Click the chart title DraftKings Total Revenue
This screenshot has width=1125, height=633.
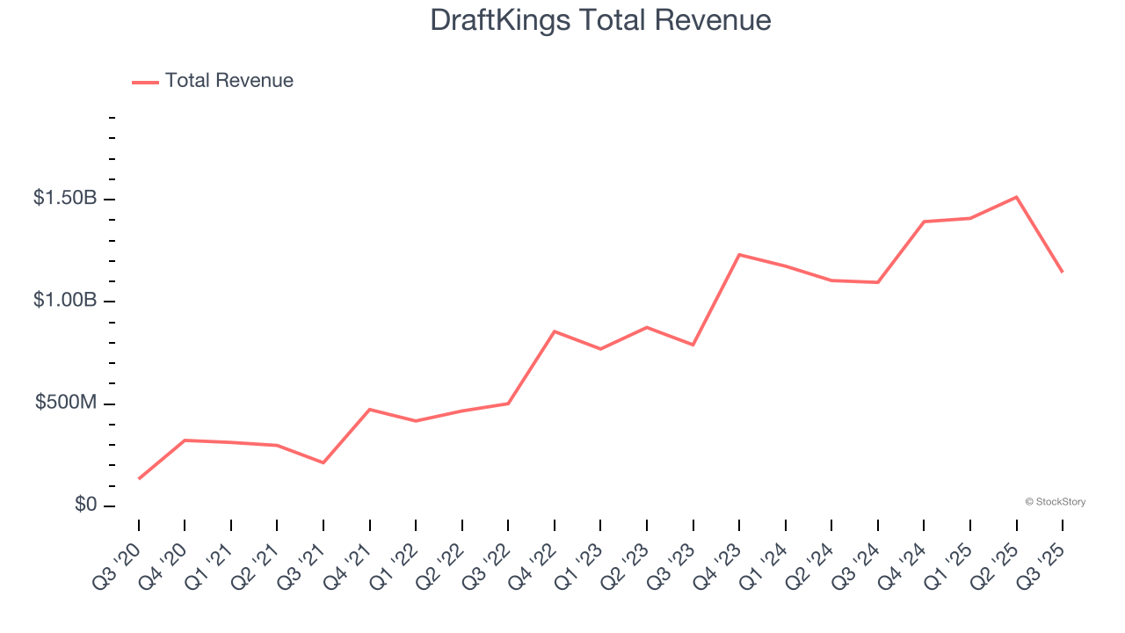pyautogui.click(x=600, y=20)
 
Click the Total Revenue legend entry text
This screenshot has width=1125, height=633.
pyautogui.click(x=229, y=81)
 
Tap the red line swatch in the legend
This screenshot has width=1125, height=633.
pyautogui.click(x=145, y=82)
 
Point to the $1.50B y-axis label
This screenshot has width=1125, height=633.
pyautogui.click(x=65, y=199)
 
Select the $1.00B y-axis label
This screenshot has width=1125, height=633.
pyautogui.click(x=65, y=301)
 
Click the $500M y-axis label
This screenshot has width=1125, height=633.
pyautogui.click(x=66, y=403)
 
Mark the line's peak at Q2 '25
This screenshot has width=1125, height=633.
pyautogui.click(x=1016, y=197)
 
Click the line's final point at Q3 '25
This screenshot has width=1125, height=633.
pyautogui.click(x=1062, y=272)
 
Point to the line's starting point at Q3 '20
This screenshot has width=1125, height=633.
pyautogui.click(x=139, y=478)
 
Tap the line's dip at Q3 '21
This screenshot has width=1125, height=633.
pyautogui.click(x=323, y=462)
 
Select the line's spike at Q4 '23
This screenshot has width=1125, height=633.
pyautogui.click(x=739, y=255)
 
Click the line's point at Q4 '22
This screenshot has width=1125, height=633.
pyautogui.click(x=555, y=331)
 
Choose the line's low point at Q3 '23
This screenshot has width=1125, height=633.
pyautogui.click(x=693, y=345)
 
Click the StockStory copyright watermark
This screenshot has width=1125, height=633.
pyautogui.click(x=1055, y=502)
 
